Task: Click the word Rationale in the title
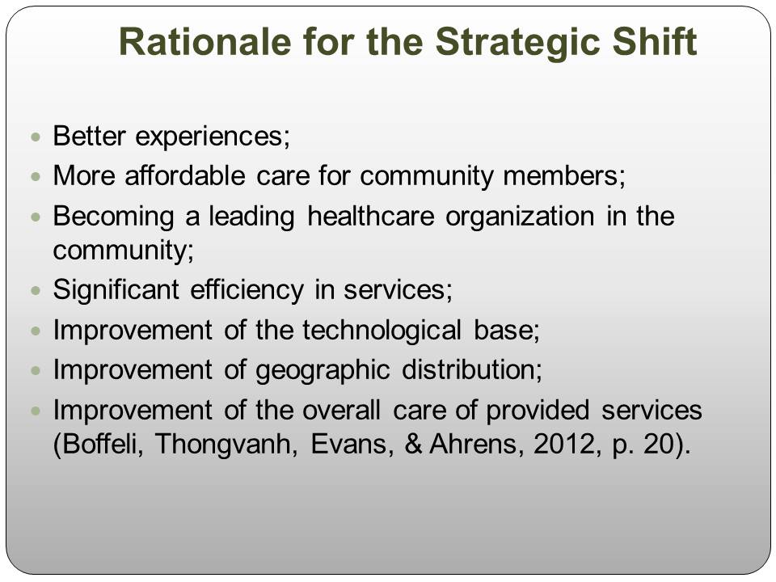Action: coord(205,41)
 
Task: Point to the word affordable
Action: coord(185,175)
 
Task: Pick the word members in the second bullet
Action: coord(564,176)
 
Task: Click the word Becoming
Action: coord(113,217)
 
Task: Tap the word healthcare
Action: coord(371,217)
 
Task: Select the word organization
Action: coord(520,217)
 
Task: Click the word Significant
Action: coord(116,290)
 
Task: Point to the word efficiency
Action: coord(247,290)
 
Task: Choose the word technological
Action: coord(382,330)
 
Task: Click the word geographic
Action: coord(323,370)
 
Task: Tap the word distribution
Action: coord(472,369)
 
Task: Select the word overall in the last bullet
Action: coord(341,411)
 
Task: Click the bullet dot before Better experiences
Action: coord(35,137)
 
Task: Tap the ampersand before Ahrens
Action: coord(413,444)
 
